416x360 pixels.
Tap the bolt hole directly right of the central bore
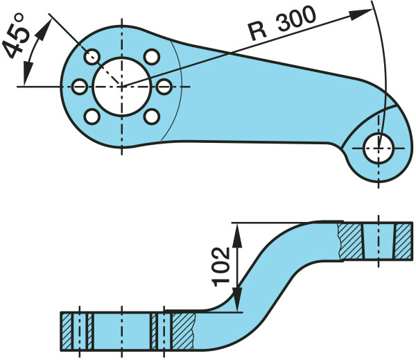(164, 86)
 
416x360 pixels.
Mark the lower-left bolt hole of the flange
(92, 116)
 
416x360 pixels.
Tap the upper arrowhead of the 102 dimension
(237, 230)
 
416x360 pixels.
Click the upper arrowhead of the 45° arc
(49, 22)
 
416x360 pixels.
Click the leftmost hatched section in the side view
(68, 332)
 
